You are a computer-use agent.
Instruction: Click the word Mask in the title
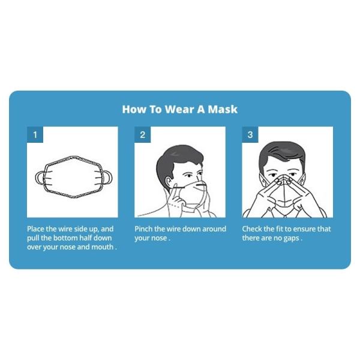pyautogui.click(x=223, y=109)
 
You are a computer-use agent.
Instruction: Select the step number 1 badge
pyautogui.click(x=35, y=135)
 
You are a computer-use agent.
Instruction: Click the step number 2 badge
pyautogui.click(x=142, y=135)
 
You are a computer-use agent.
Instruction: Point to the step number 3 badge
pyautogui.click(x=250, y=135)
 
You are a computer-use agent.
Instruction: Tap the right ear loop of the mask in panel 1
pyautogui.click(x=108, y=178)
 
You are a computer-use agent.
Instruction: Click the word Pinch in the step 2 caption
pyautogui.click(x=145, y=229)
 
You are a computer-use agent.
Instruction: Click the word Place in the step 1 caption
pyautogui.click(x=37, y=229)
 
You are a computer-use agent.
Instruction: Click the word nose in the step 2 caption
pyautogui.click(x=158, y=238)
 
